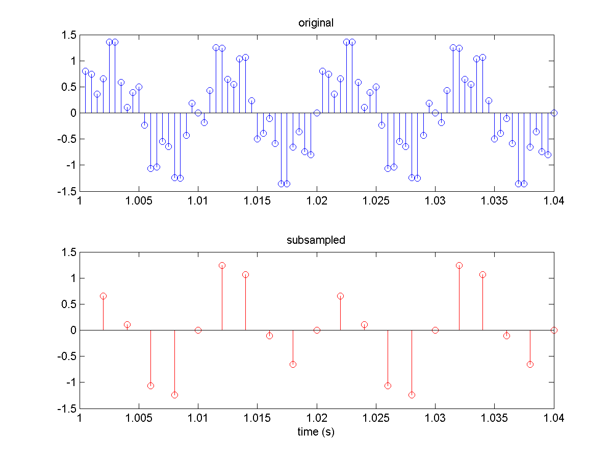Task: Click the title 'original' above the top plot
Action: click(x=316, y=23)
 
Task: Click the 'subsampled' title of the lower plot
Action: click(x=316, y=240)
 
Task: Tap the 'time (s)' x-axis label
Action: click(x=316, y=432)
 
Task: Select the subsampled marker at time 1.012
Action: click(x=222, y=265)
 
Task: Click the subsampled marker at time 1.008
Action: click(x=174, y=395)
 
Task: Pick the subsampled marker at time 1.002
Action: click(x=104, y=296)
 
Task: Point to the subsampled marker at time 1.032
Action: click(x=459, y=265)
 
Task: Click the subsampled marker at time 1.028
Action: click(x=412, y=395)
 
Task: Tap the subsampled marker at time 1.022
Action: click(x=340, y=296)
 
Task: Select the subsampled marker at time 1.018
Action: click(x=293, y=364)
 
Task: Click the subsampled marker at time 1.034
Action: click(x=482, y=274)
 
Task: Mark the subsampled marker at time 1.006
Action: click(x=150, y=386)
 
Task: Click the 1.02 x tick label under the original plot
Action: click(x=316, y=201)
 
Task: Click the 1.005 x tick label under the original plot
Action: click(x=139, y=201)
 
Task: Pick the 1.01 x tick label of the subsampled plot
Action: click(x=198, y=418)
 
